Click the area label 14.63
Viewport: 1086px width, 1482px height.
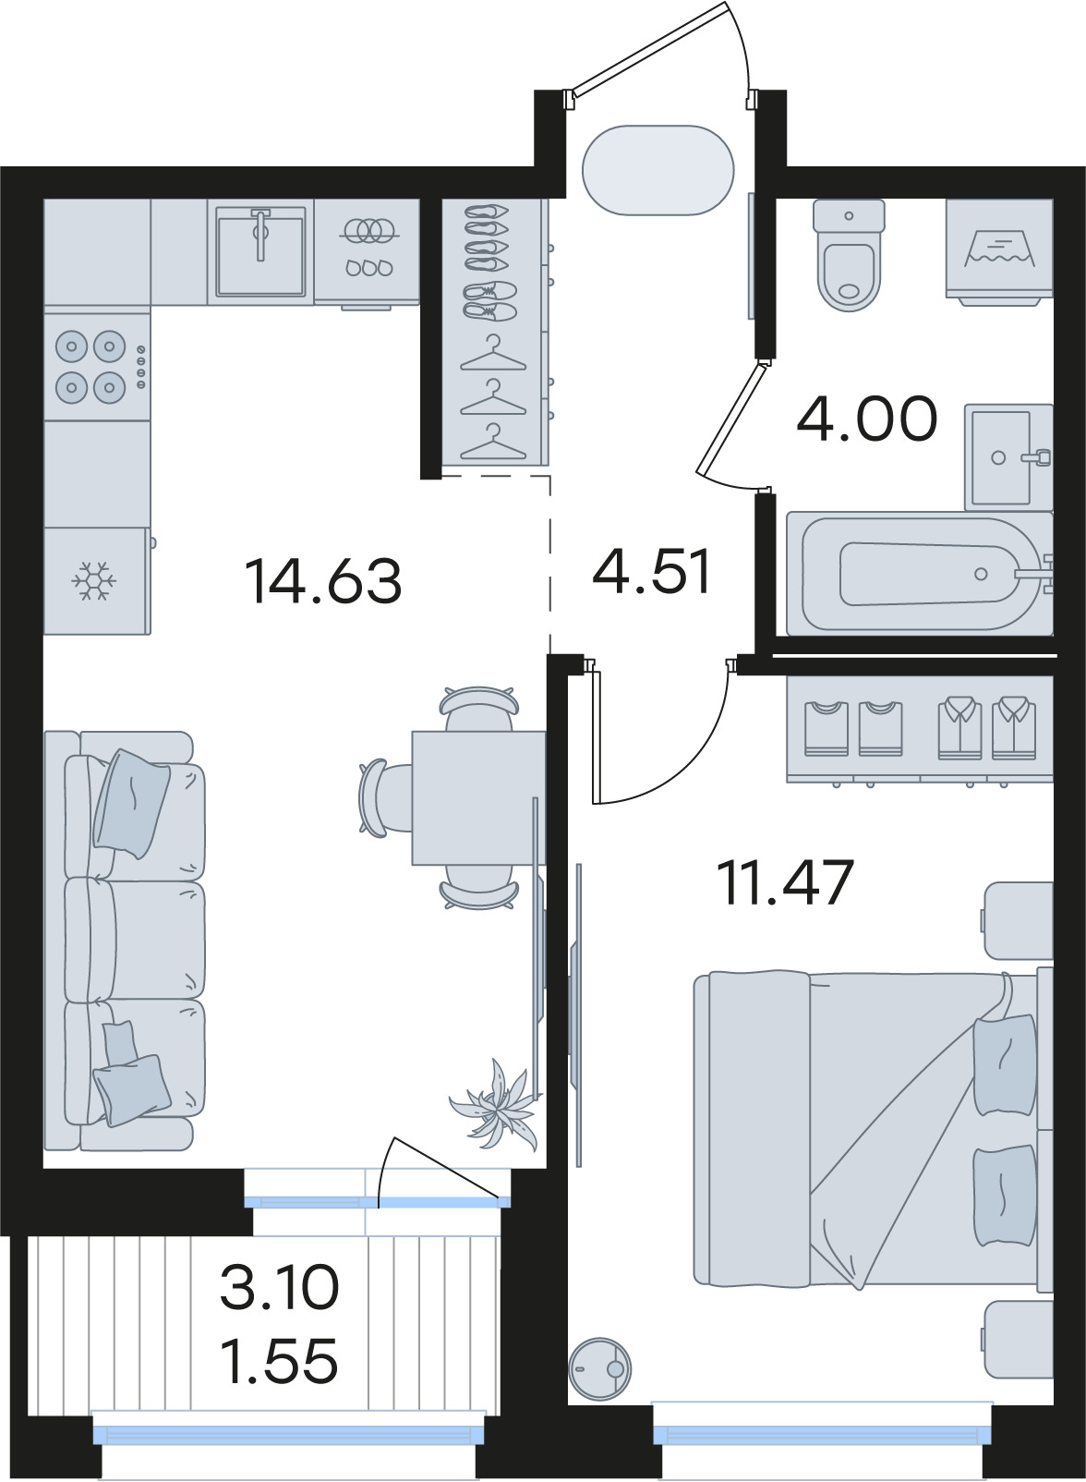[323, 581]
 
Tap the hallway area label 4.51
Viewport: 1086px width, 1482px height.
[651, 571]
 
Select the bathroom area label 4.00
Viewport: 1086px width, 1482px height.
[867, 419]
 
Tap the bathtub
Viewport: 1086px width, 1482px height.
[920, 574]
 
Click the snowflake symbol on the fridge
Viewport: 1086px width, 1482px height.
[94, 582]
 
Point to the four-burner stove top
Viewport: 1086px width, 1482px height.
[97, 366]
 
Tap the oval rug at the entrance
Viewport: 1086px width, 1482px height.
[658, 170]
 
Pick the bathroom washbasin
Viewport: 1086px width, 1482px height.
[1008, 457]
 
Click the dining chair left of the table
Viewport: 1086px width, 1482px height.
[382, 798]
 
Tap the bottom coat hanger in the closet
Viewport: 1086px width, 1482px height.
[493, 442]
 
